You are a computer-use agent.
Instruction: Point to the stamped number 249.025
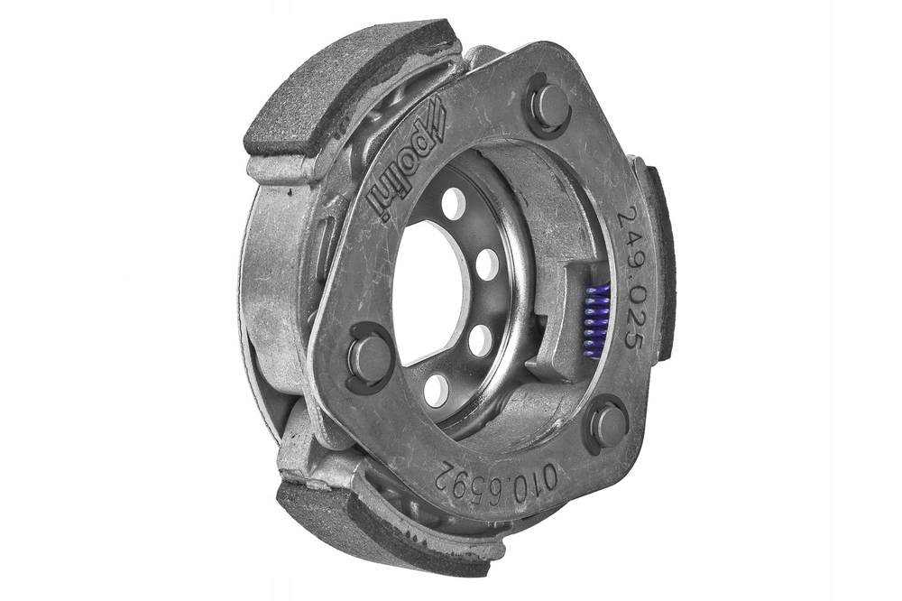tap(632, 279)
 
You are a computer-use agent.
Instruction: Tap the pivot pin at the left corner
tap(369, 357)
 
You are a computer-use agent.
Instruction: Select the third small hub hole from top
tap(481, 339)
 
